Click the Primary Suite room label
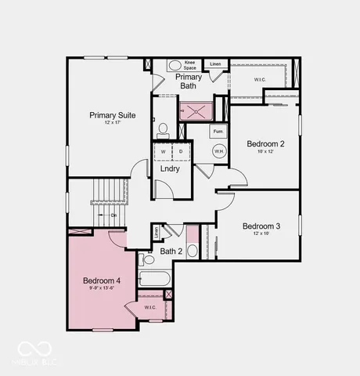click(x=112, y=115)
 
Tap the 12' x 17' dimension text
click(x=112, y=124)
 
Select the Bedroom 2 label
click(x=265, y=143)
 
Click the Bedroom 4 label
click(x=102, y=280)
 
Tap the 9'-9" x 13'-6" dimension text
click(x=102, y=288)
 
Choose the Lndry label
click(x=170, y=168)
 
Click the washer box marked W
click(x=163, y=151)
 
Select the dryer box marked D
click(x=181, y=151)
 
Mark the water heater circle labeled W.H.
click(x=218, y=152)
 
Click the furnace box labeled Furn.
click(x=218, y=132)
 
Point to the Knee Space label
click(x=190, y=65)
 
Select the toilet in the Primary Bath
click(x=163, y=129)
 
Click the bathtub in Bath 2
click(x=155, y=279)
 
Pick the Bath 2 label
click(x=171, y=251)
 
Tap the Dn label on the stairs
click(x=113, y=215)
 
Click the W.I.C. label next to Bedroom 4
click(x=150, y=307)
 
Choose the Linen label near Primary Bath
click(x=215, y=63)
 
